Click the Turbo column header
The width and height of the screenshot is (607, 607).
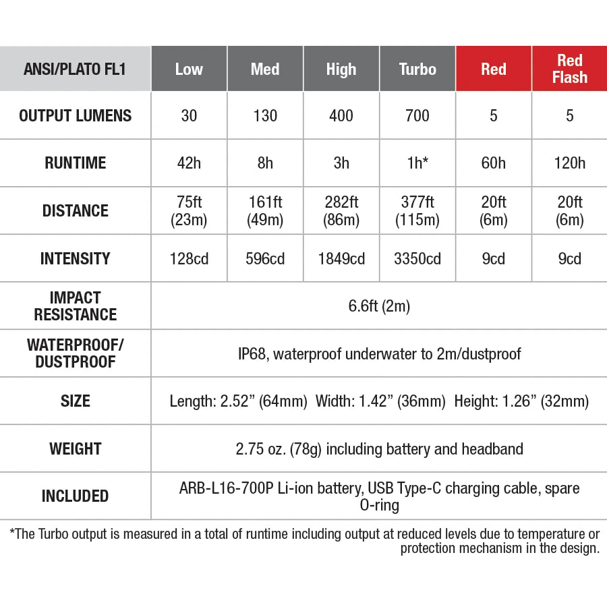tap(417, 69)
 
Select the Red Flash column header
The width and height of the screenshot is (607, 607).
tap(569, 69)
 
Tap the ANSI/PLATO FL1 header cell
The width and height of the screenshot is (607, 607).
tap(76, 69)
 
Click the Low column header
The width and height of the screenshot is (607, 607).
tap(189, 69)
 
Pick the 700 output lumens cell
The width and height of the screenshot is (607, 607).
tap(417, 116)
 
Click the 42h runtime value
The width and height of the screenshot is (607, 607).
tap(189, 163)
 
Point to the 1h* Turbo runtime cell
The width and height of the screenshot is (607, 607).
tap(417, 163)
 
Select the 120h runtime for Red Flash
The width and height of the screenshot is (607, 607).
tap(569, 163)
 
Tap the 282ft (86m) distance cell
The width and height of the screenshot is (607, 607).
tap(341, 210)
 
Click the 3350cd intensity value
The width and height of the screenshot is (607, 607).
tap(417, 258)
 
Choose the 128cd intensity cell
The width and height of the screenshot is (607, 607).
tap(189, 258)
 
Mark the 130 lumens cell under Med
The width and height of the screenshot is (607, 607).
tap(265, 116)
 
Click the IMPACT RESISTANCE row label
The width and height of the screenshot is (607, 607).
tap(76, 306)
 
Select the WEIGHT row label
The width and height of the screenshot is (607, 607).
tap(76, 449)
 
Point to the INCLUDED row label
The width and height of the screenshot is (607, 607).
tap(76, 496)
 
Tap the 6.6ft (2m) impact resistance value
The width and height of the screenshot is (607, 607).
tap(379, 306)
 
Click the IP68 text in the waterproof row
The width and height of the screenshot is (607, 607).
tap(252, 353)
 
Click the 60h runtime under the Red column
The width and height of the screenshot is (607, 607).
tap(494, 163)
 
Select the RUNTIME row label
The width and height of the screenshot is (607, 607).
tap(76, 163)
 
